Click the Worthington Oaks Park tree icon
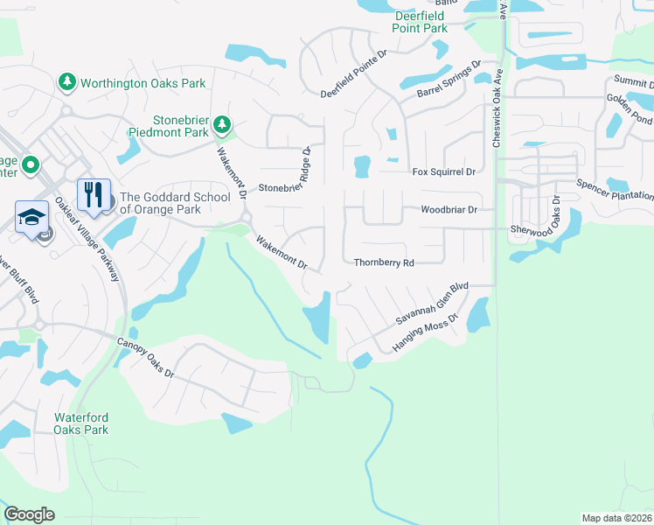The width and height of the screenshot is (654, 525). [x=67, y=82]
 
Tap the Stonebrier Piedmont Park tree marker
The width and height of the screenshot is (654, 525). [x=223, y=125]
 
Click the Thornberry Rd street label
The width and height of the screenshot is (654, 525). [x=383, y=262]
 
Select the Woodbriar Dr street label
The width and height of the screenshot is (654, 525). [x=449, y=210]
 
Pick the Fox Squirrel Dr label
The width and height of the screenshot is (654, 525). [x=443, y=172]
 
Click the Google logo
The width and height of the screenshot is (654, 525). [x=29, y=514]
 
